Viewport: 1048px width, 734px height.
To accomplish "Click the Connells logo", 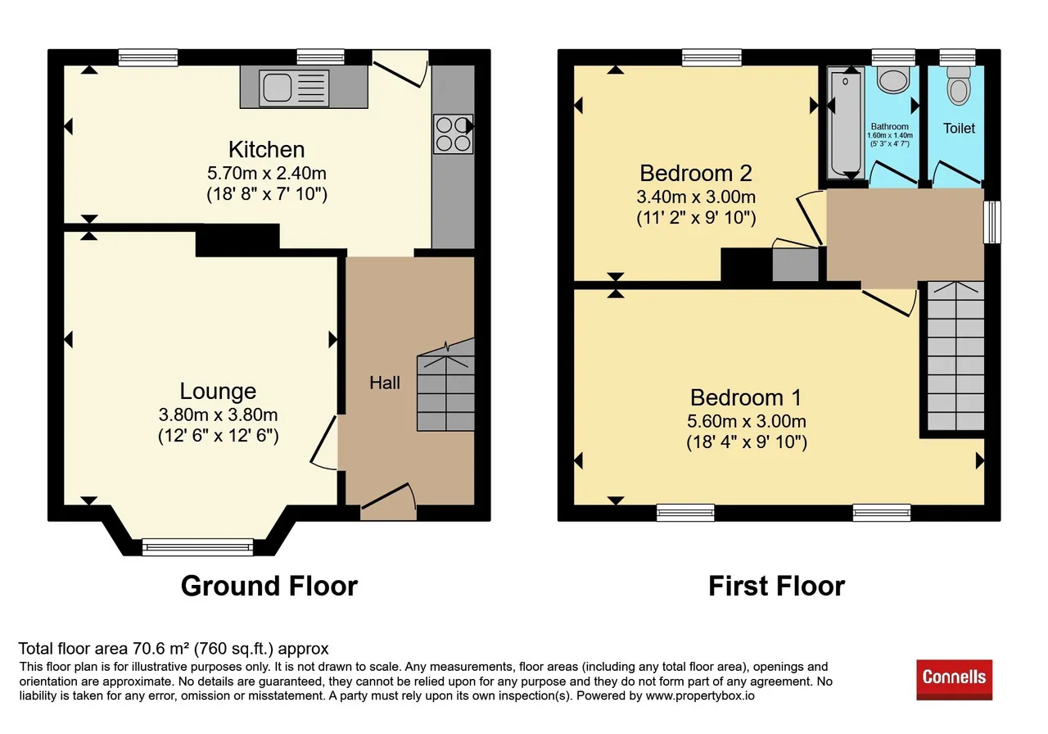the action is (x=954, y=680).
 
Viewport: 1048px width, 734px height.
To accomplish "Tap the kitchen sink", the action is (x=294, y=88).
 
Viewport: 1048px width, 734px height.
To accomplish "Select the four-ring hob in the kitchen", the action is (x=453, y=134).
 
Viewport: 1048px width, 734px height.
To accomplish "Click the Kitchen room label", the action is (x=266, y=150).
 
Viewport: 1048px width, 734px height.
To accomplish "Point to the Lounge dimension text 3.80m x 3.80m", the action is (x=218, y=415).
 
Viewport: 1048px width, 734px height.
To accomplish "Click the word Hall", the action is (x=385, y=383).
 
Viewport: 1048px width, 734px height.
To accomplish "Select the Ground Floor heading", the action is (x=269, y=586).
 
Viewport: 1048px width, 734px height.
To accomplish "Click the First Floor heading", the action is (x=777, y=586).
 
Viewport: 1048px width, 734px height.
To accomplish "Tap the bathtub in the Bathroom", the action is (x=846, y=123).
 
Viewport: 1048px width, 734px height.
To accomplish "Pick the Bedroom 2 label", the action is (x=696, y=173).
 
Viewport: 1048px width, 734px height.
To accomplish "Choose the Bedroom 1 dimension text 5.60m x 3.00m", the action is (x=746, y=421).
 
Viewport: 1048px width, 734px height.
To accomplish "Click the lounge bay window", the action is (x=197, y=546).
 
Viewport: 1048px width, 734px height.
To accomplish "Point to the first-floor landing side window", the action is (x=992, y=222).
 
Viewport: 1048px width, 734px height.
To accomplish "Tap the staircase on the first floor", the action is (x=955, y=356).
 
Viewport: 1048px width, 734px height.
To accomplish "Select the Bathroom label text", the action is (x=889, y=126).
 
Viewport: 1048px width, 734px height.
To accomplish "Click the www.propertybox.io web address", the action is (x=700, y=695).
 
